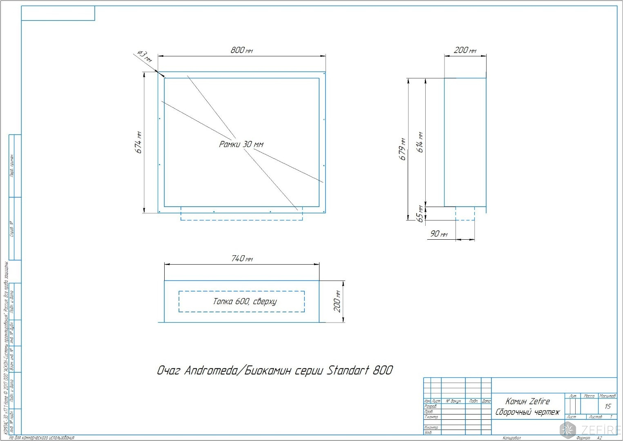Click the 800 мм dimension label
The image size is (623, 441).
[241, 50]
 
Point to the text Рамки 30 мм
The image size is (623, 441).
[241, 144]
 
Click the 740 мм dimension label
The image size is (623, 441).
[242, 258]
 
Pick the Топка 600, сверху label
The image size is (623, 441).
[244, 301]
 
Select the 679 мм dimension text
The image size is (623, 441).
[402, 149]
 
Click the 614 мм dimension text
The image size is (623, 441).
[420, 142]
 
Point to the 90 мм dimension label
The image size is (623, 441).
[439, 234]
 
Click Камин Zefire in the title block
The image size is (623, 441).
[527, 401]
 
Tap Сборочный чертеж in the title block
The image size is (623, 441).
[527, 412]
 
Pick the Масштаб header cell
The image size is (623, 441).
[607, 396]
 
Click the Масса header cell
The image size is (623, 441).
[589, 396]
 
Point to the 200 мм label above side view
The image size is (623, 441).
[465, 50]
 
